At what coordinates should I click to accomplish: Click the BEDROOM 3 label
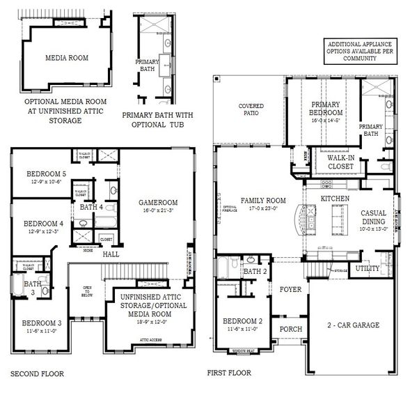coord(41,323)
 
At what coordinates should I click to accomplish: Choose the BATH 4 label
coord(91,207)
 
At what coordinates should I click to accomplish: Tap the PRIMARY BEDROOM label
coord(326,109)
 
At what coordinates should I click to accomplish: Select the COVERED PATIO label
coord(251,110)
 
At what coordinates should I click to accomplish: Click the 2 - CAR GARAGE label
coord(353,325)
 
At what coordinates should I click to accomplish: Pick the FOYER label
coord(290,288)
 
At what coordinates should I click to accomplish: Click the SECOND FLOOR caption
coord(37,374)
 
